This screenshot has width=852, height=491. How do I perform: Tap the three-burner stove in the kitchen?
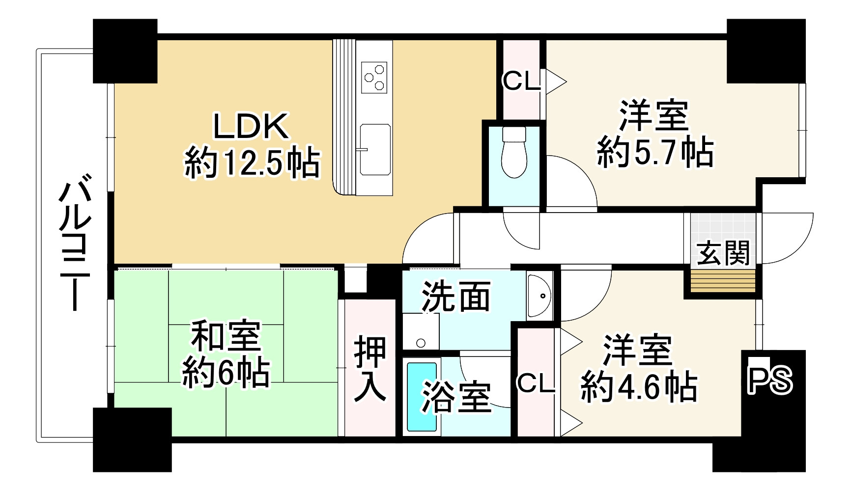tap(374, 77)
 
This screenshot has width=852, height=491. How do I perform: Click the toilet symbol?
tap(514, 153)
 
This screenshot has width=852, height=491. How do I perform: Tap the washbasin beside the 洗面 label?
tap(540, 296)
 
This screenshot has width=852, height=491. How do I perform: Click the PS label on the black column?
tap(769, 382)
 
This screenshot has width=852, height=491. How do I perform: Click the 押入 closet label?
tap(370, 368)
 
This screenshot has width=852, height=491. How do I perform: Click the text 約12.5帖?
tap(252, 163)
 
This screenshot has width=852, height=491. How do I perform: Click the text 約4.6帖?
tap(638, 387)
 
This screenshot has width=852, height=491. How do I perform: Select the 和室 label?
tap(226, 337)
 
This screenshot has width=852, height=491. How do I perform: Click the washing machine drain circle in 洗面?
tap(420, 343)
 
